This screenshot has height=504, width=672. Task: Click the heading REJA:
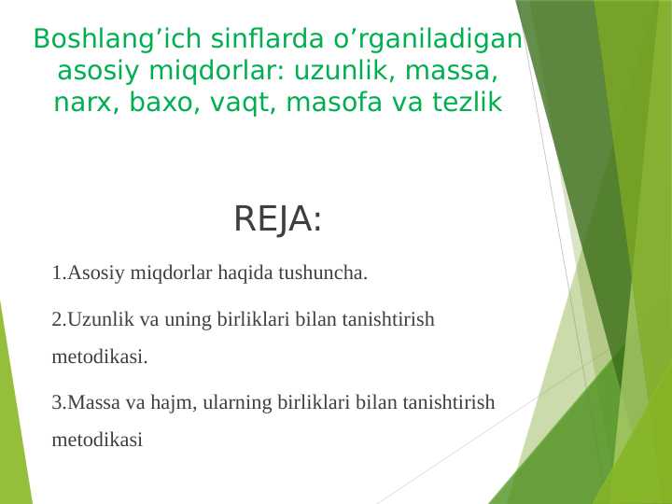point(277,220)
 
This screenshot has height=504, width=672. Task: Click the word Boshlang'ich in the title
point(102,39)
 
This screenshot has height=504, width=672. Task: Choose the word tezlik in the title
point(467,103)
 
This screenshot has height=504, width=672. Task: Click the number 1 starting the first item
point(57,273)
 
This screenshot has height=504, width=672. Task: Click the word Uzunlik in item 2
point(97,320)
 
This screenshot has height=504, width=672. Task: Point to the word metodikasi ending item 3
point(98,440)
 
